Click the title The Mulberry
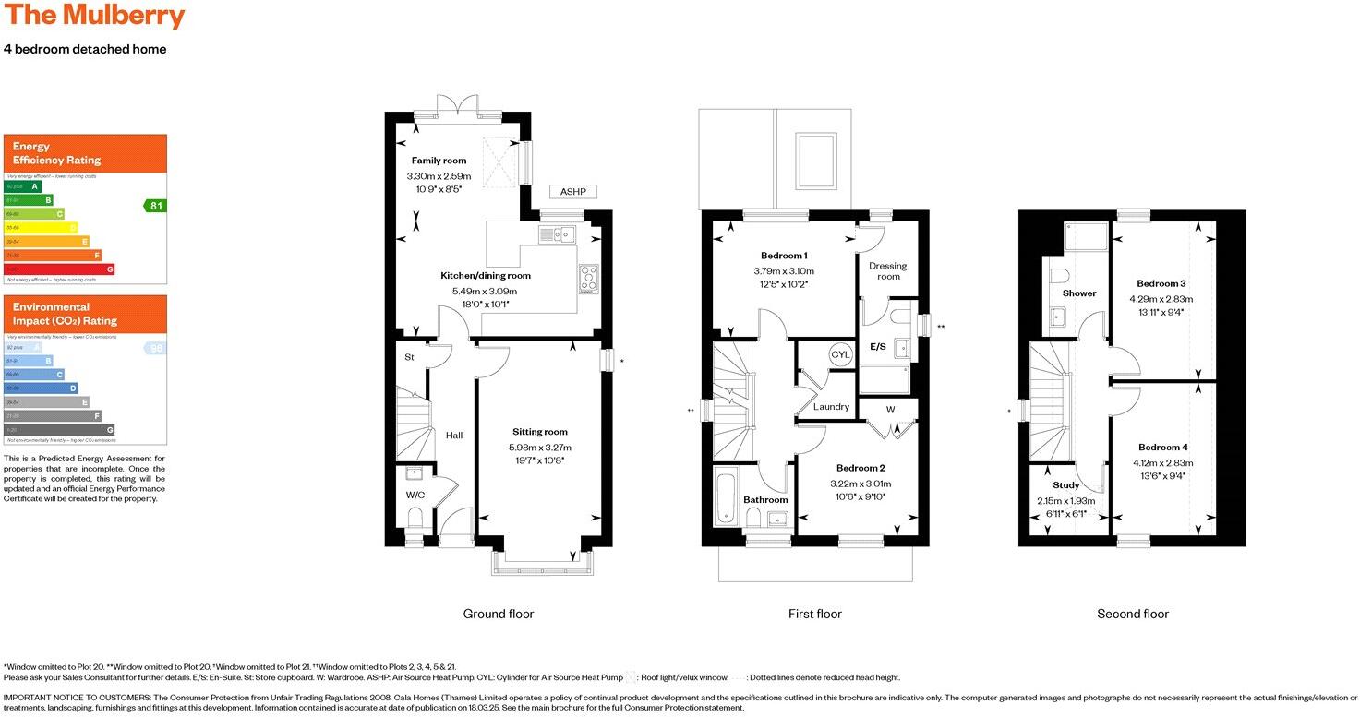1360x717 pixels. click(94, 17)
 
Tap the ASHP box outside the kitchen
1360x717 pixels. click(573, 192)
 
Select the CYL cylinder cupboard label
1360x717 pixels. click(840, 354)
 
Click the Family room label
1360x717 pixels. click(439, 161)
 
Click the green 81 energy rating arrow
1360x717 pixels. click(155, 205)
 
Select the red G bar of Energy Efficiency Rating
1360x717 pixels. click(60, 269)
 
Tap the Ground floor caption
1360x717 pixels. click(498, 614)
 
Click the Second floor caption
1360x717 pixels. click(1132, 614)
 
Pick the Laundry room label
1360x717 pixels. click(831, 407)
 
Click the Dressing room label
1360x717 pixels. click(887, 271)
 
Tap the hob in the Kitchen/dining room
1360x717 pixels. click(588, 277)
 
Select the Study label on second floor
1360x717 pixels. click(1065, 485)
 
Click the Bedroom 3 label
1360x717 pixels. click(1161, 283)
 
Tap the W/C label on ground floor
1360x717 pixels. click(415, 496)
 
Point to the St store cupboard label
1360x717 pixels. click(408, 357)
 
